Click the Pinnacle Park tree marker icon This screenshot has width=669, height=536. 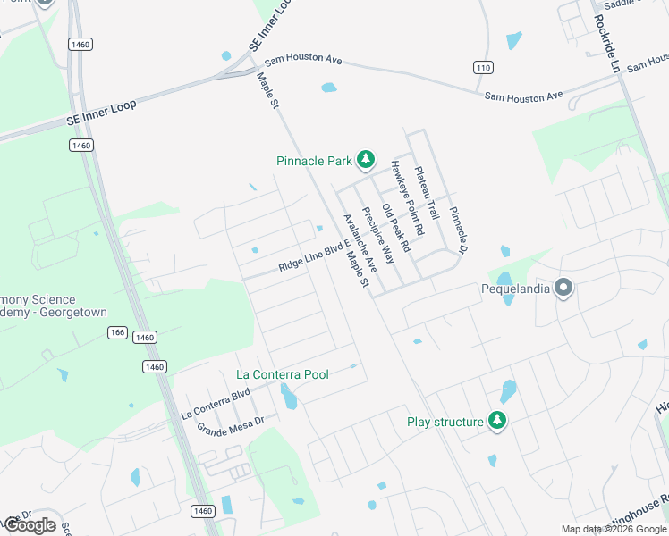(x=365, y=160)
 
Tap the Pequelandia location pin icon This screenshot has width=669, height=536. (x=563, y=288)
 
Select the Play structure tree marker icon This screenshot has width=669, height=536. (x=496, y=421)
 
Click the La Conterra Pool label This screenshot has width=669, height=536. (x=282, y=374)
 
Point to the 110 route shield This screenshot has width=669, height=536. (x=484, y=67)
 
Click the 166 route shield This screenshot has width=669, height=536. (x=117, y=331)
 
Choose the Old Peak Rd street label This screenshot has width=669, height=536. (x=394, y=228)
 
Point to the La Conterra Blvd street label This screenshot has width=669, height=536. (x=215, y=404)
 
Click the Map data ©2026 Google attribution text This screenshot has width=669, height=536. (x=614, y=529)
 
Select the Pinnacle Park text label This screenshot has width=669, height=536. (x=314, y=162)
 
